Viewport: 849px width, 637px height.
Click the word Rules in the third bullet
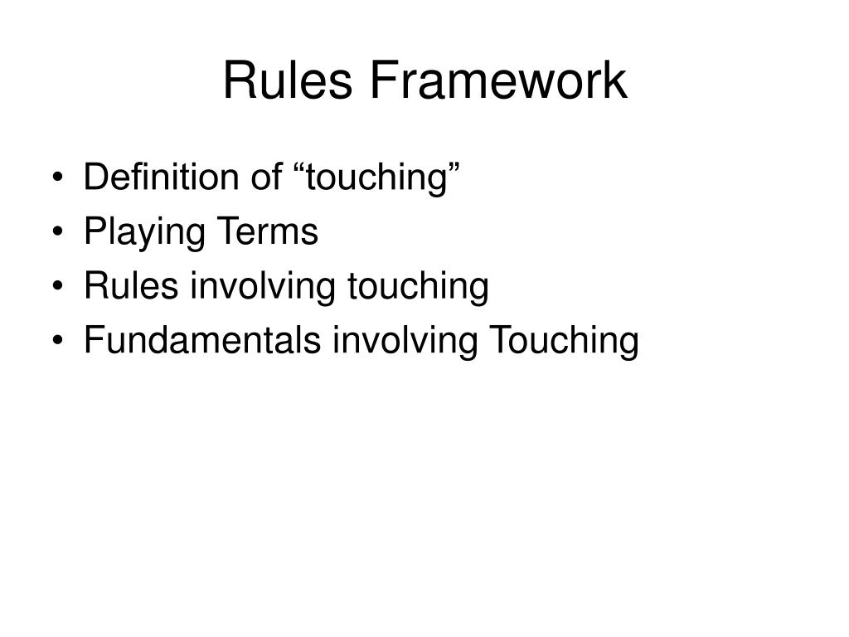(x=131, y=286)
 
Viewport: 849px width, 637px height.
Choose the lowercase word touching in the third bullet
(x=418, y=287)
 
